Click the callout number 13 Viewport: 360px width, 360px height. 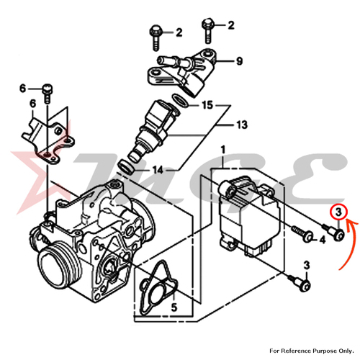240,125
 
